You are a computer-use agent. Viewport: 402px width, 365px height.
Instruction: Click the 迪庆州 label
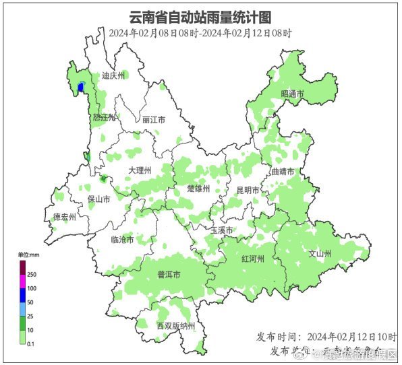point(113,76)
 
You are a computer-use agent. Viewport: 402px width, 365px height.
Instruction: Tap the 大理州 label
point(140,170)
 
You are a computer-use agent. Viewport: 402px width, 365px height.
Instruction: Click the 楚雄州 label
point(198,188)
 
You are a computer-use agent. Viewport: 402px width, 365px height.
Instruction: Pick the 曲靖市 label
point(282,172)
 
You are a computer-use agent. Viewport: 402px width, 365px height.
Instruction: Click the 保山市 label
point(98,199)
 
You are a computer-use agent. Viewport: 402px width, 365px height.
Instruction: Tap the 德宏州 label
point(65,217)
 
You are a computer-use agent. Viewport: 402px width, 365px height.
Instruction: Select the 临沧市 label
point(122,239)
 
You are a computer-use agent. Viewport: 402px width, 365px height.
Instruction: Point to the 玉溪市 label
point(222,230)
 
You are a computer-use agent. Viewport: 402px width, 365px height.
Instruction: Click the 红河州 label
point(252,259)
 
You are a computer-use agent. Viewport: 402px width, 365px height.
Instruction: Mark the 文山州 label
point(320,254)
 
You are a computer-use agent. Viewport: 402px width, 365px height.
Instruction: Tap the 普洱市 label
point(169,274)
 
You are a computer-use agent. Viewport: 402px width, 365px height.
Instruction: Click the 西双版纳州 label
point(175,326)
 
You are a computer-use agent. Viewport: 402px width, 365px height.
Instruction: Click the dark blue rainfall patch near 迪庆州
point(82,88)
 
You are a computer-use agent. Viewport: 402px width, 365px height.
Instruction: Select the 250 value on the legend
point(31,274)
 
